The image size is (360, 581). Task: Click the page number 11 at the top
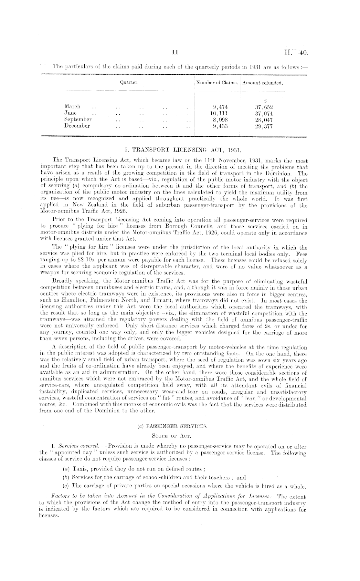175,52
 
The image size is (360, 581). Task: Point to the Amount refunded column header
263,83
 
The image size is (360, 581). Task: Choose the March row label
73,106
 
